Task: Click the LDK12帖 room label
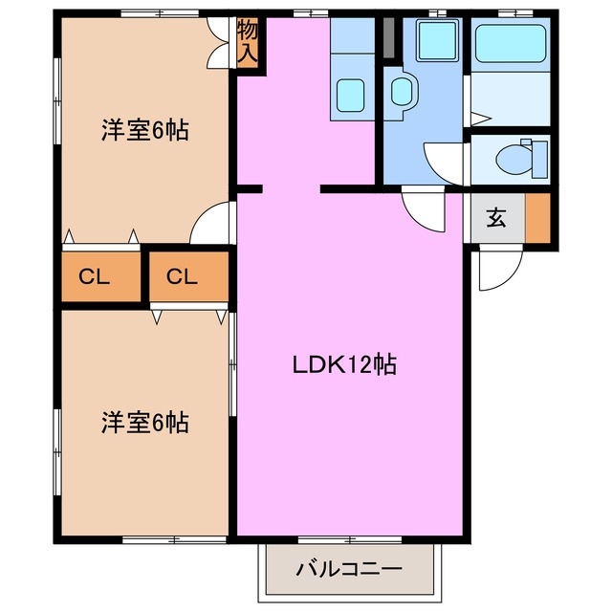[x=345, y=364]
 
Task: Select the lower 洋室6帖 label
[x=144, y=422]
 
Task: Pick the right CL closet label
[x=182, y=277]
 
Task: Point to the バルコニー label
[x=349, y=570]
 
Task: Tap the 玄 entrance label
[x=496, y=219]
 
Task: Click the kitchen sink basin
[x=351, y=93]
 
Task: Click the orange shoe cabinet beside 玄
[x=537, y=219]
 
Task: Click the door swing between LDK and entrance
[x=425, y=210]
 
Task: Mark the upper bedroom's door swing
[x=212, y=228]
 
